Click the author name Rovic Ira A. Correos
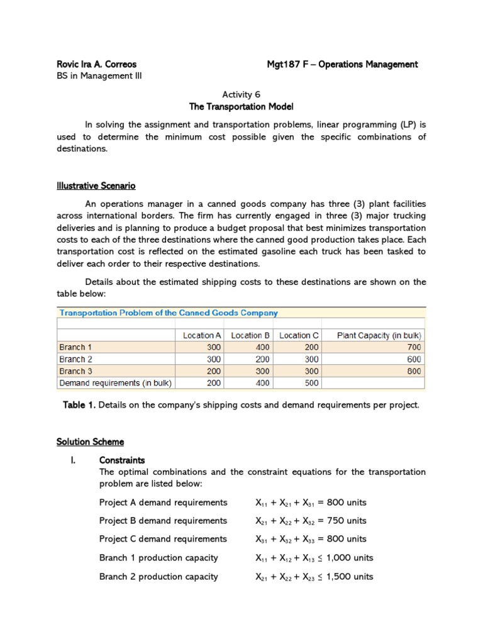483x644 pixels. click(x=96, y=64)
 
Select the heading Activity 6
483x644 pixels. click(x=241, y=94)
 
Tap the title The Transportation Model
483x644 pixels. click(x=241, y=107)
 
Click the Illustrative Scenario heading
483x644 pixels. click(x=96, y=186)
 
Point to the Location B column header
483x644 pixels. click(x=250, y=335)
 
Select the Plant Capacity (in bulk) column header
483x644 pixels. click(x=379, y=335)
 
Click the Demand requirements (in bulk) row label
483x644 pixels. click(x=115, y=383)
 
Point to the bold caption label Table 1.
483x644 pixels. click(x=79, y=405)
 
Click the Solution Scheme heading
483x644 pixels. click(x=90, y=442)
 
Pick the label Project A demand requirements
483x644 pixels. click(x=163, y=502)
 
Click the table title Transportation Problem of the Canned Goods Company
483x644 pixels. click(x=169, y=313)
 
